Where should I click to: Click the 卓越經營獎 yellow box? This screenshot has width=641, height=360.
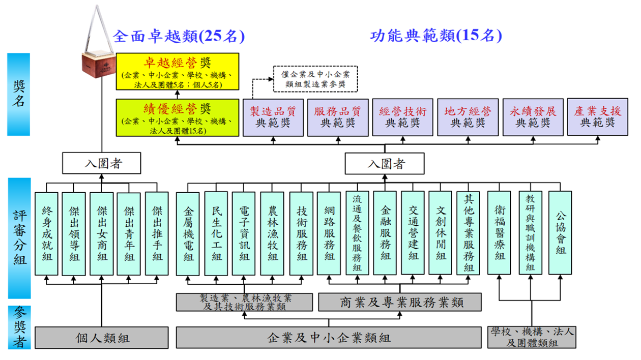[x=178, y=72]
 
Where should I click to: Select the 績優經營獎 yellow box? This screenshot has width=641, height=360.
[x=178, y=117]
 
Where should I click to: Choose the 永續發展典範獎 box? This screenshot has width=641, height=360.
[x=533, y=117]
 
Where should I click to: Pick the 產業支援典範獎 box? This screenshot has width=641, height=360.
[x=598, y=117]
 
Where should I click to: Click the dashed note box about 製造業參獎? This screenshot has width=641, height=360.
[x=315, y=79]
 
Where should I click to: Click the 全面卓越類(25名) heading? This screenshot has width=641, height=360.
[x=178, y=36]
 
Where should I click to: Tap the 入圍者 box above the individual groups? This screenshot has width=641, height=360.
[x=101, y=164]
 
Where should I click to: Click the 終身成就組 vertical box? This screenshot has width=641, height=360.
[x=47, y=233]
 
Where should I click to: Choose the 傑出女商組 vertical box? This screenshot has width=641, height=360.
[x=102, y=233]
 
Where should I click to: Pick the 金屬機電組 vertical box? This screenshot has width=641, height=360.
[x=188, y=233]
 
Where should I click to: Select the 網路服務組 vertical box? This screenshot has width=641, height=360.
[x=329, y=233]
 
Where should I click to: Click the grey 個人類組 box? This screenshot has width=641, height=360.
[x=102, y=338]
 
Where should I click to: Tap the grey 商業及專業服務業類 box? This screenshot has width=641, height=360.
[x=399, y=302]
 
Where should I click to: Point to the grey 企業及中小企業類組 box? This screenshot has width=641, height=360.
[x=329, y=338]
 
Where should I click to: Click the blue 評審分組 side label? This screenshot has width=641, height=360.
[x=19, y=238]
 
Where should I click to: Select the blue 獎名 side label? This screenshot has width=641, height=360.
[x=19, y=95]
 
